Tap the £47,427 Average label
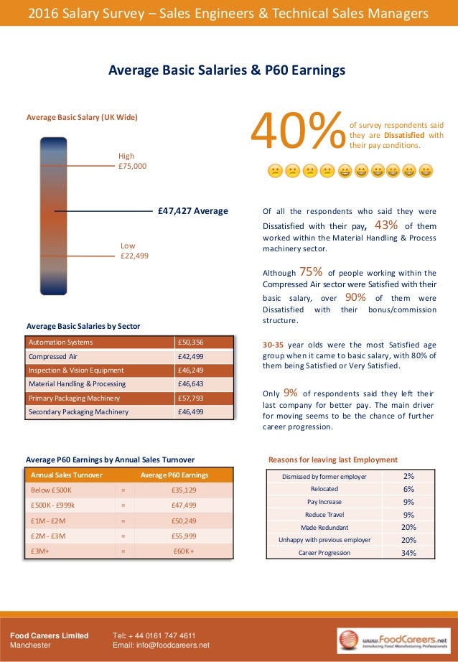click(x=192, y=211)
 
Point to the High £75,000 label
click(x=132, y=161)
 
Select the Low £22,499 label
click(x=134, y=251)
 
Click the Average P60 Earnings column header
click(x=174, y=475)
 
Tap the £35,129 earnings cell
click(x=184, y=490)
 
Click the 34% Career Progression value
click(x=408, y=553)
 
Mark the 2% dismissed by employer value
click(x=408, y=476)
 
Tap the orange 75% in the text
click(x=310, y=271)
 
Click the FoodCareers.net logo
click(x=393, y=640)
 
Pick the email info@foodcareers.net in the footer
click(x=162, y=645)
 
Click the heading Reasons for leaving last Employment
click(x=332, y=460)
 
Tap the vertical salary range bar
click(x=54, y=215)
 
